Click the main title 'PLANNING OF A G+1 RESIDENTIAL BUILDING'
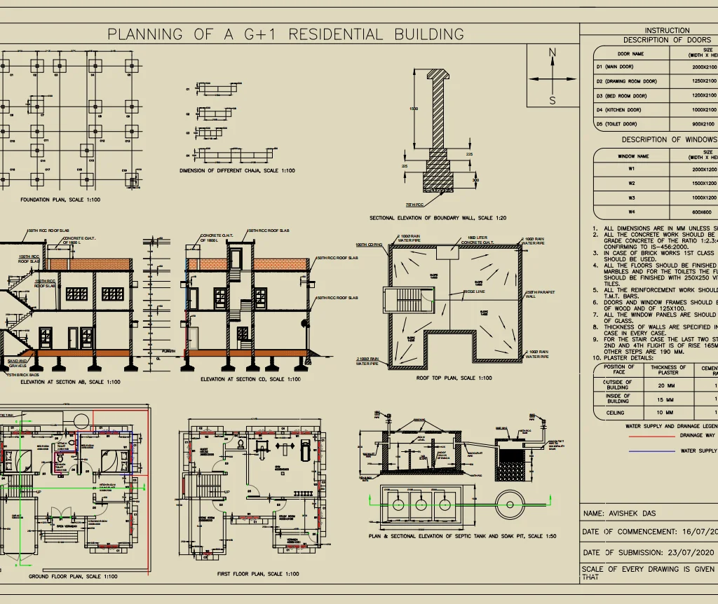pos(285,34)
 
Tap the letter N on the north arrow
pos(553,53)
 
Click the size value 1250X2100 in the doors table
pos(704,81)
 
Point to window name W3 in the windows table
pos(632,198)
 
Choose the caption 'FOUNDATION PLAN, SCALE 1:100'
pos(60,200)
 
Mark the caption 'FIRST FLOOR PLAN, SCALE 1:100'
pos(257,574)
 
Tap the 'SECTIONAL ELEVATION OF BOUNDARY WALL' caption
pos(440,218)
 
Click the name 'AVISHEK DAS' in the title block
pos(630,513)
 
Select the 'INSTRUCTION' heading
pos(667,30)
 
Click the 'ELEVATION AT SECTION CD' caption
pos(250,379)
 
